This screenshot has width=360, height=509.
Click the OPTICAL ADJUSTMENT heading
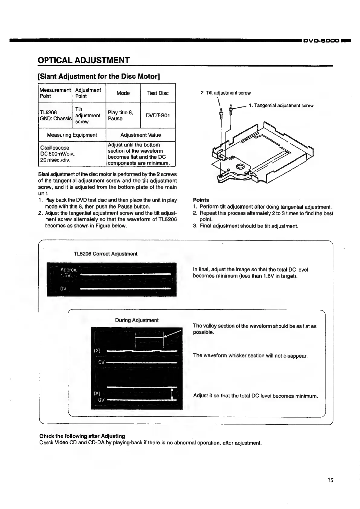(84, 60)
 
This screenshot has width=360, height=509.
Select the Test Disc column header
(158, 93)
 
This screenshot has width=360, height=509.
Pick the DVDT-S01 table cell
(158, 116)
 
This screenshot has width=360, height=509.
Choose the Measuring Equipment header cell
(72, 135)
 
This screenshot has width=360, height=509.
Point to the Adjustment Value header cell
(141, 135)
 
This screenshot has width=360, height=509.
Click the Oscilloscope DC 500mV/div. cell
(72, 154)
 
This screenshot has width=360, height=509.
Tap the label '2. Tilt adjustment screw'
(225, 93)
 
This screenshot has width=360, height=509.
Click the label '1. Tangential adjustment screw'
(281, 106)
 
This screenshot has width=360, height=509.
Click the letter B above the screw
(221, 109)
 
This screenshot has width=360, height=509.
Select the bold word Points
(201, 200)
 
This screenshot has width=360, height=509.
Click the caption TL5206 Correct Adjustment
(105, 254)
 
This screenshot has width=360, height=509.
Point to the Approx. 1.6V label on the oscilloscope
(69, 272)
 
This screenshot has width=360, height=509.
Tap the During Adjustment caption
(137, 320)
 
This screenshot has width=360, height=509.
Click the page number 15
(330, 480)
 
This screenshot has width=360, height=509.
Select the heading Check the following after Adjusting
(82, 436)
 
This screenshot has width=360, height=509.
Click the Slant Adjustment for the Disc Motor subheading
(99, 76)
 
